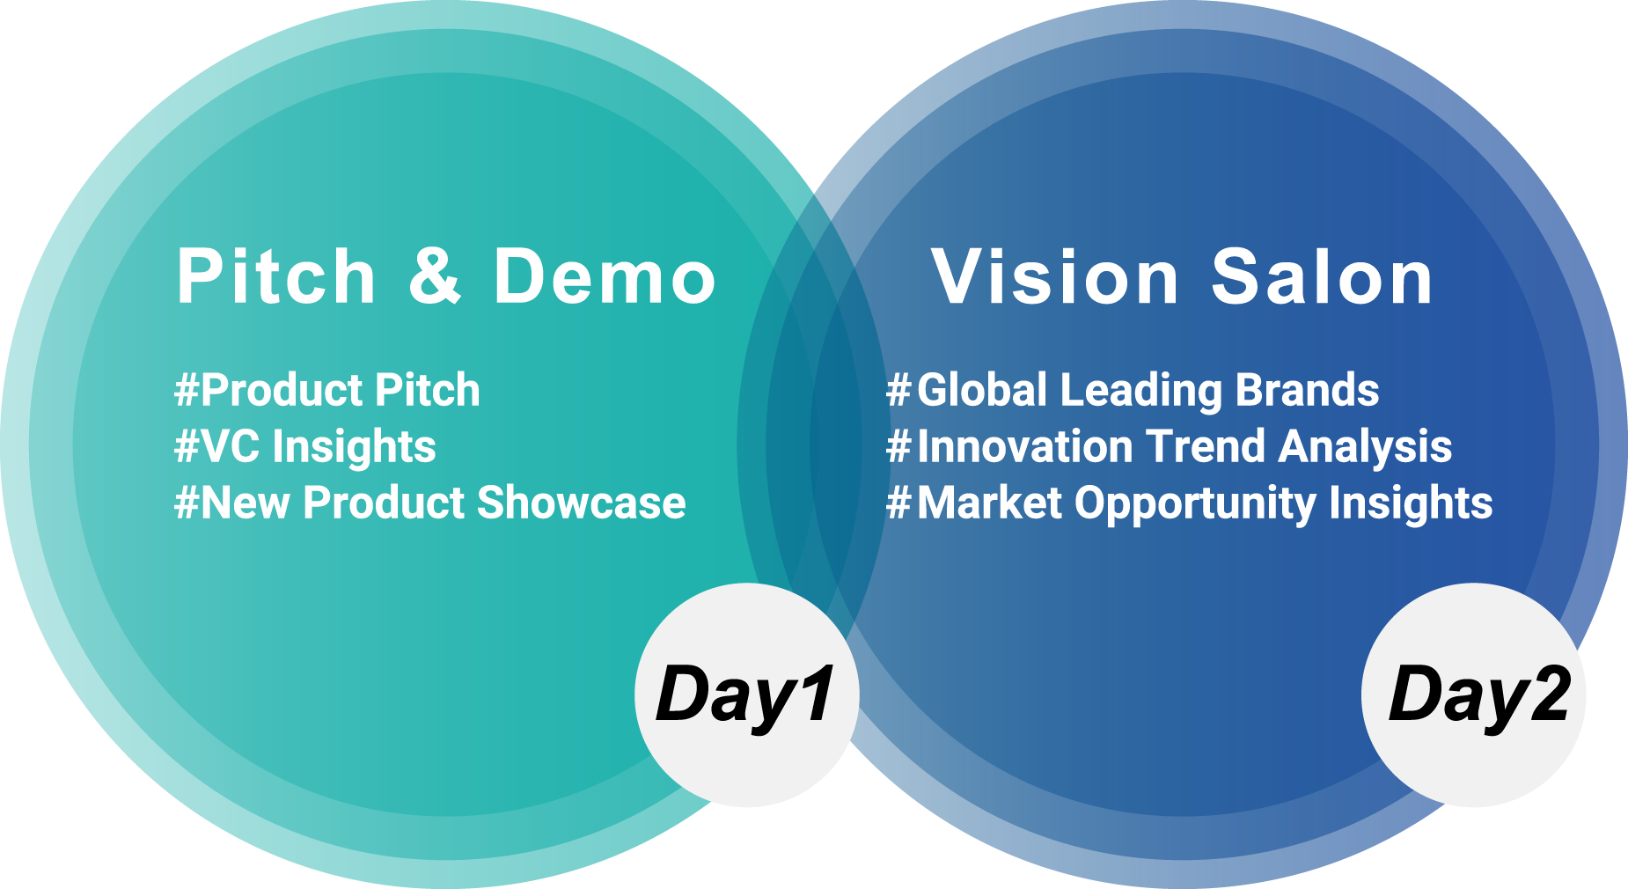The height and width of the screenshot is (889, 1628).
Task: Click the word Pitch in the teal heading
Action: tap(276, 276)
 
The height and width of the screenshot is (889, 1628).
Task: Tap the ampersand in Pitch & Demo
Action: tap(435, 276)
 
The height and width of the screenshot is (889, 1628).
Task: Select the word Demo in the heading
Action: tap(605, 276)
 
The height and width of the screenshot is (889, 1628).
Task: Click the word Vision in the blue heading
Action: tap(1054, 276)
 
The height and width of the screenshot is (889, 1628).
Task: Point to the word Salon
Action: tap(1322, 276)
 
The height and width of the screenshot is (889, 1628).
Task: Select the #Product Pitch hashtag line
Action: tap(327, 390)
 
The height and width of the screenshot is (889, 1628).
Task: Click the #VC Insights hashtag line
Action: tap(305, 447)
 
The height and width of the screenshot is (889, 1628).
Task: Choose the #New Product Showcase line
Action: tap(430, 503)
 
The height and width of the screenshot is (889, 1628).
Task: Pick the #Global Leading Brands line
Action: tap(1133, 390)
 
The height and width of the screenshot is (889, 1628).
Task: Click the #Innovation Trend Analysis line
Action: tap(1169, 447)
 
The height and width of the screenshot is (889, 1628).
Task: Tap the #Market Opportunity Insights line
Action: tap(1189, 503)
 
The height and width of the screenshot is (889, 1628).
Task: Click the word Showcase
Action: tap(581, 503)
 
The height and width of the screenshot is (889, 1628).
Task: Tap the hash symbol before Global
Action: tap(898, 390)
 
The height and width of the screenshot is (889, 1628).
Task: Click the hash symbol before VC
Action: tap(187, 446)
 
